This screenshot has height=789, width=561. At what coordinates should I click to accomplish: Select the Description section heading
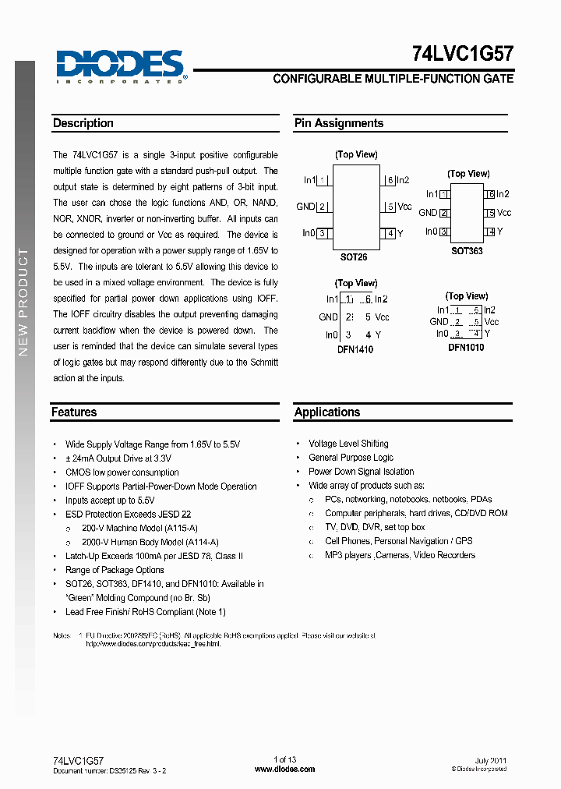point(83,123)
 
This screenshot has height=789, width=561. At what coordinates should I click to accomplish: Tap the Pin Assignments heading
point(339,123)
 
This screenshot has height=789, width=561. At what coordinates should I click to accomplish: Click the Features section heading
point(74,412)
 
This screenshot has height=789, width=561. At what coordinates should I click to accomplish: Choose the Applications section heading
point(327,412)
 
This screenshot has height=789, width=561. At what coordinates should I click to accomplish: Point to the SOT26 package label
point(354,257)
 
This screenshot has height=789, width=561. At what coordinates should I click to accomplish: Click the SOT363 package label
point(467,251)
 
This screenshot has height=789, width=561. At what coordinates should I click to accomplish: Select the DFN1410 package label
point(355,350)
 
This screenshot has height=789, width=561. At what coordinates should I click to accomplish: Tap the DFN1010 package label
point(466,348)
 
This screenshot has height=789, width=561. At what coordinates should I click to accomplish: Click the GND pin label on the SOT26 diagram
point(305,207)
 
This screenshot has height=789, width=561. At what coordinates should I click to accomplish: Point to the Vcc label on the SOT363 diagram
point(504,213)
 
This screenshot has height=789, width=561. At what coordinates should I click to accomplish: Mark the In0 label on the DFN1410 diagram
point(332,335)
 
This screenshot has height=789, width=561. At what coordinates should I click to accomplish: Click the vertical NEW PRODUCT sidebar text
point(23,302)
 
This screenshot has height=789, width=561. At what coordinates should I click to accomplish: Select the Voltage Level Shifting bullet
point(348,444)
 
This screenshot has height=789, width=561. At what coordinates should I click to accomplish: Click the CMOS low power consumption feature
point(122,472)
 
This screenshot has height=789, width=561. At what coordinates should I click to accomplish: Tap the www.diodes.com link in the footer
point(285,769)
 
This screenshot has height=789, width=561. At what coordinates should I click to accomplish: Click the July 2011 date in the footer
point(491,760)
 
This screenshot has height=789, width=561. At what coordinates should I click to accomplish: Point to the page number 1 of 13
point(285,760)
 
